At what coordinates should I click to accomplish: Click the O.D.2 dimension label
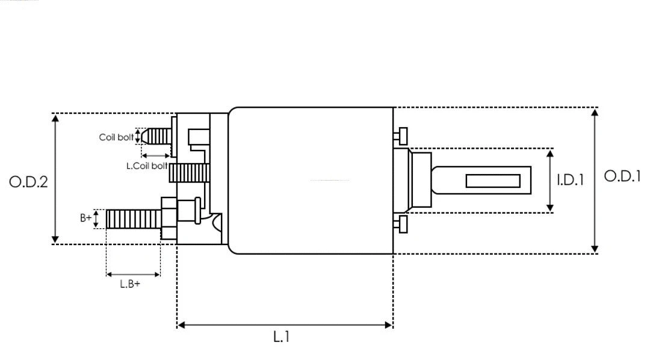tap(28, 181)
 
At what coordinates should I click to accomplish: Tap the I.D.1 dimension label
tap(569, 179)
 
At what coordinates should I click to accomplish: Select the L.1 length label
tap(282, 337)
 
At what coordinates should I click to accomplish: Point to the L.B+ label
tap(129, 284)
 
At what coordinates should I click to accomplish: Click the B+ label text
tap(86, 219)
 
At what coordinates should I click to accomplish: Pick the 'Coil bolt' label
tap(116, 137)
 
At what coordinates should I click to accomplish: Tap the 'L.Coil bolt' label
tap(147, 166)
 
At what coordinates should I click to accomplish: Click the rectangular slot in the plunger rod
tap(493, 181)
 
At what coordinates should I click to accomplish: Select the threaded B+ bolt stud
tap(133, 219)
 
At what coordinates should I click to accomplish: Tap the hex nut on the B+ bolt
tap(169, 218)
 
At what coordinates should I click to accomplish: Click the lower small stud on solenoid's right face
tap(401, 225)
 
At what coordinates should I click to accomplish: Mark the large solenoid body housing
tap(310, 181)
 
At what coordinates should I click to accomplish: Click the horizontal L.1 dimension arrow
tap(285, 325)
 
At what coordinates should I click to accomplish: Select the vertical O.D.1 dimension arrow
tap(595, 181)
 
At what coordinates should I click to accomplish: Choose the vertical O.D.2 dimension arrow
tap(55, 179)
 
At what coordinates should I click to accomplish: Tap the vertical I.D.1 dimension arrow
tap(550, 181)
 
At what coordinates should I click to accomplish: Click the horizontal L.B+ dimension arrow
tap(133, 275)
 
